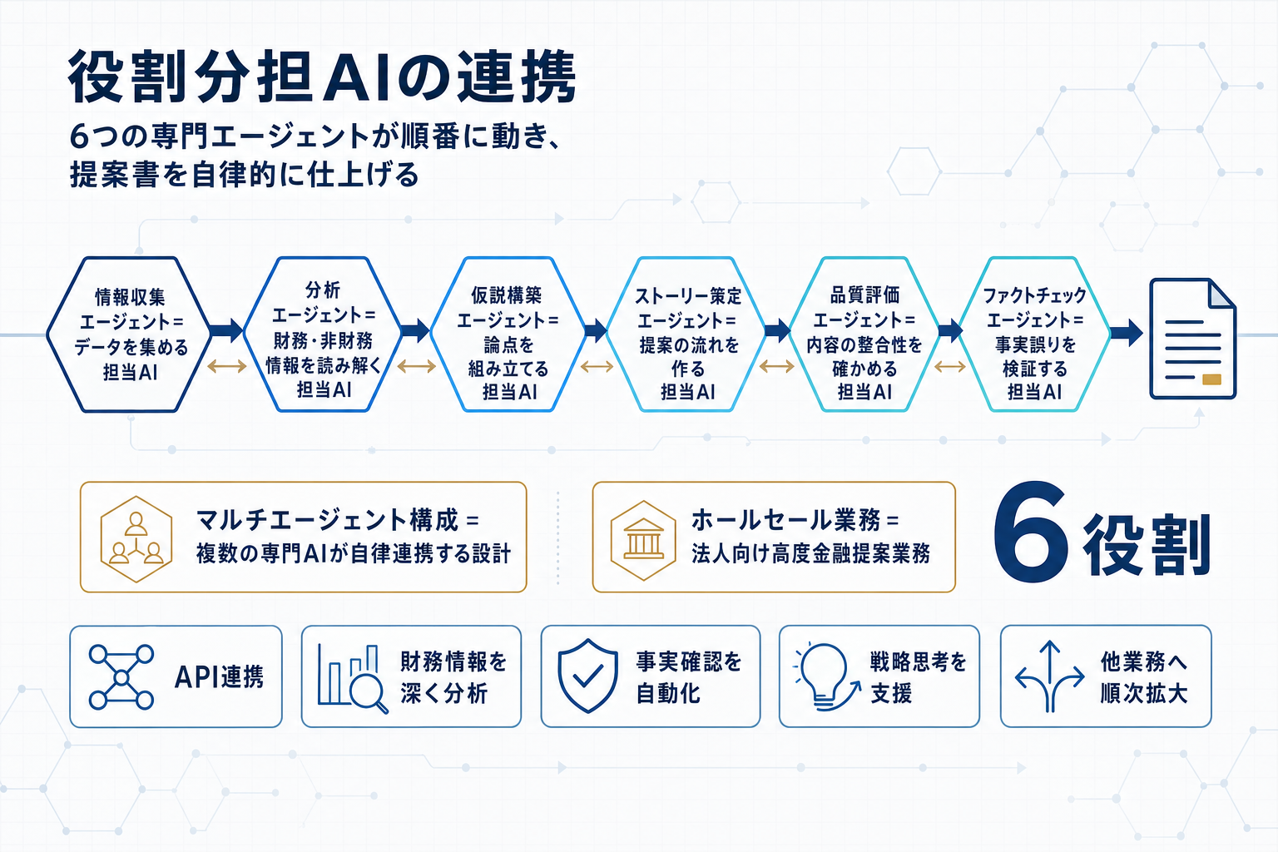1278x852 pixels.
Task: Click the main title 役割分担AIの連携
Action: pos(322,77)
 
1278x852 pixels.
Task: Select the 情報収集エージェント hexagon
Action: pos(130,334)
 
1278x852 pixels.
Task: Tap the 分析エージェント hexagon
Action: pos(323,334)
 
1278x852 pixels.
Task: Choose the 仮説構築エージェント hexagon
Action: pos(508,334)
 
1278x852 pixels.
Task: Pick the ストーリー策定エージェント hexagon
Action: pos(687,334)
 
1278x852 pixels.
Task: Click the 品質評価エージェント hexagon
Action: pos(864,334)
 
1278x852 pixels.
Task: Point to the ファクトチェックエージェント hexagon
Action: pos(1034,334)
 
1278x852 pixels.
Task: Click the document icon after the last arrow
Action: pos(1192,339)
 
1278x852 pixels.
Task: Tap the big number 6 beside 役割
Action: pos(1030,533)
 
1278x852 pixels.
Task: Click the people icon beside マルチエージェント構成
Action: pos(136,538)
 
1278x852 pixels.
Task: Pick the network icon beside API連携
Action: pos(121,676)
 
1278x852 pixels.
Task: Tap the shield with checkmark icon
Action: pos(587,676)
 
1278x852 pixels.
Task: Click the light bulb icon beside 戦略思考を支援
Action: pos(825,676)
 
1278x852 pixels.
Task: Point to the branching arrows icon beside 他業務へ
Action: pos(1049,676)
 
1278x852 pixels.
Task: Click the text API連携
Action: pos(219,677)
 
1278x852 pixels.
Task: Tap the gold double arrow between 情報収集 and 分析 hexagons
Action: pos(226,366)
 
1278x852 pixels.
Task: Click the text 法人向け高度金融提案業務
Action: pos(810,554)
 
